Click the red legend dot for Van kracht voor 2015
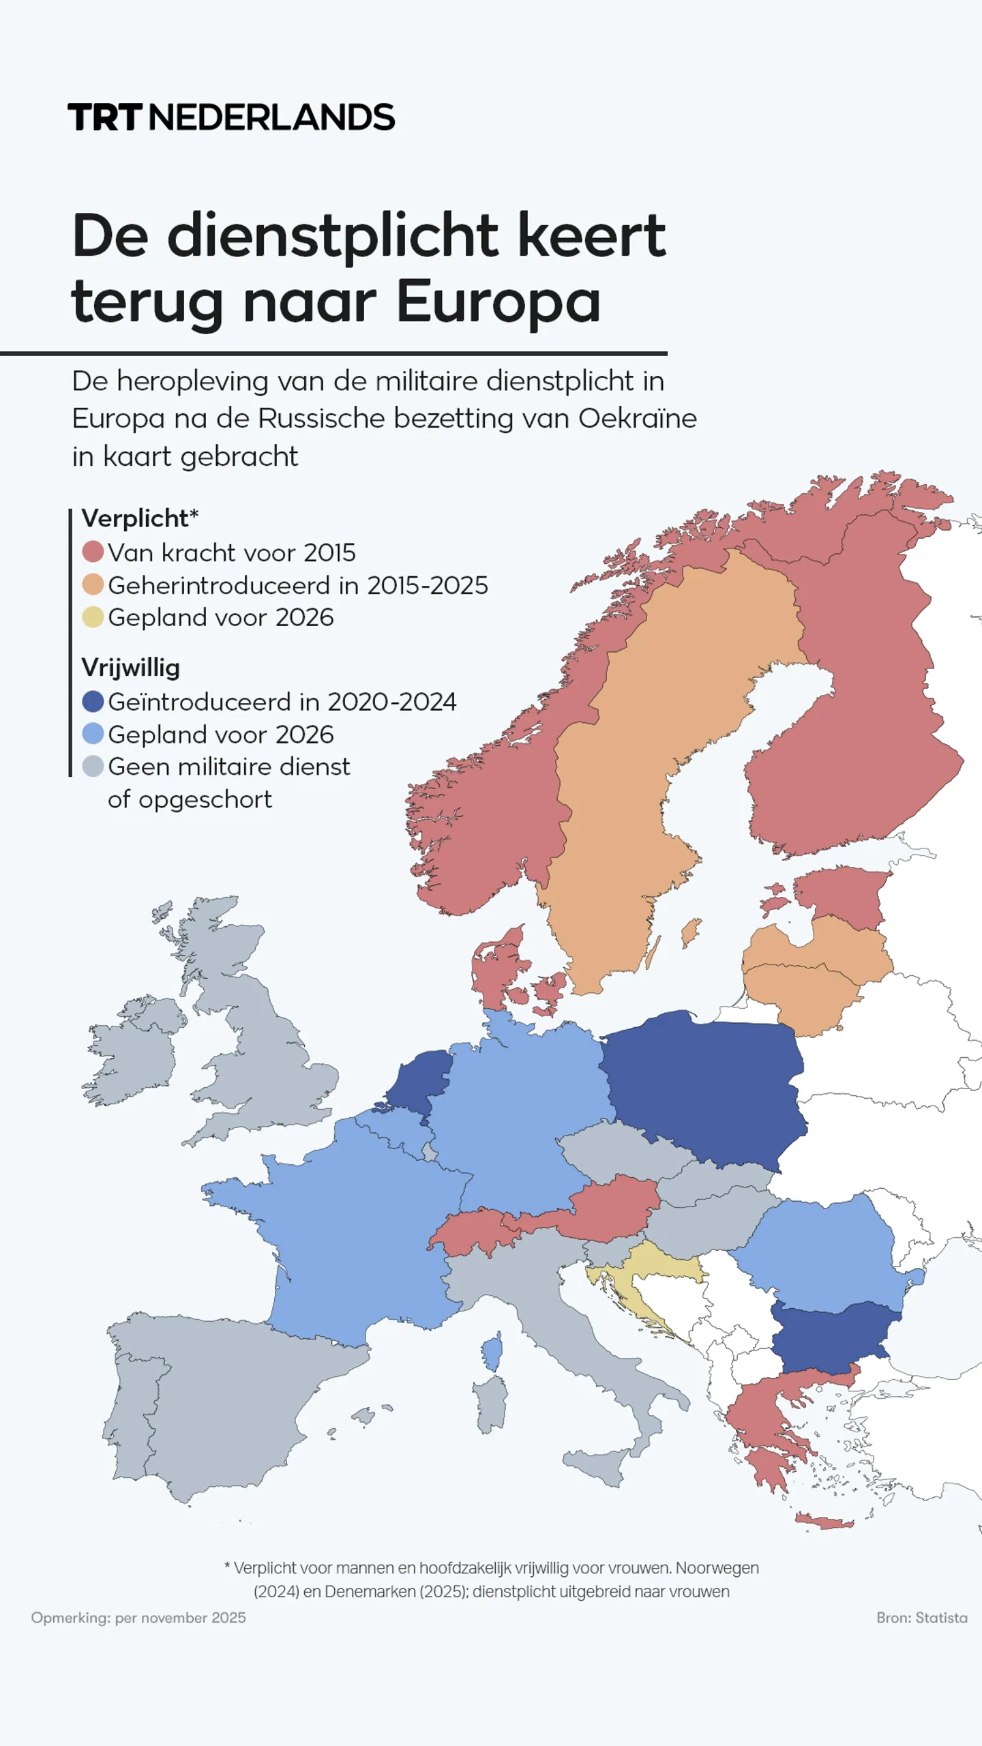[93, 552]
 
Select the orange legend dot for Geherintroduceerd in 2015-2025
[93, 585]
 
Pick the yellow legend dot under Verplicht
[93, 617]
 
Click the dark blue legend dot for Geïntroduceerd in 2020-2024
[93, 701]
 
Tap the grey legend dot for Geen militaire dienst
[93, 766]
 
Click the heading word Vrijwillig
[130, 667]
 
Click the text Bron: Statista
[921, 1618]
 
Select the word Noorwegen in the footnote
[717, 1568]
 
